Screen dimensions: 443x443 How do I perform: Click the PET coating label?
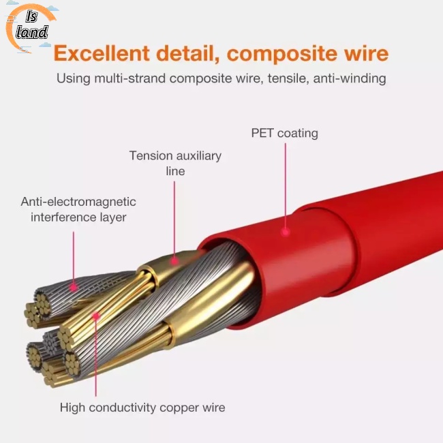(x=284, y=133)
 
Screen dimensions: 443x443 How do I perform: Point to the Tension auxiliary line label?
(x=175, y=163)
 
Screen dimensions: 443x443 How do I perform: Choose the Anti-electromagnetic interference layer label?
(x=78, y=209)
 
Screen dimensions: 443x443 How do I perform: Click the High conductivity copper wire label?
(x=142, y=408)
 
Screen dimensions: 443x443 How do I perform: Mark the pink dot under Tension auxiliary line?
(x=175, y=260)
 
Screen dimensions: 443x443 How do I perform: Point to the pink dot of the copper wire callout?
(x=97, y=316)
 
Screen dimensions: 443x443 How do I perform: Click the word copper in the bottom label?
(x=179, y=408)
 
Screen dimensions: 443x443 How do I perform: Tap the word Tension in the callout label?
(x=151, y=156)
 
